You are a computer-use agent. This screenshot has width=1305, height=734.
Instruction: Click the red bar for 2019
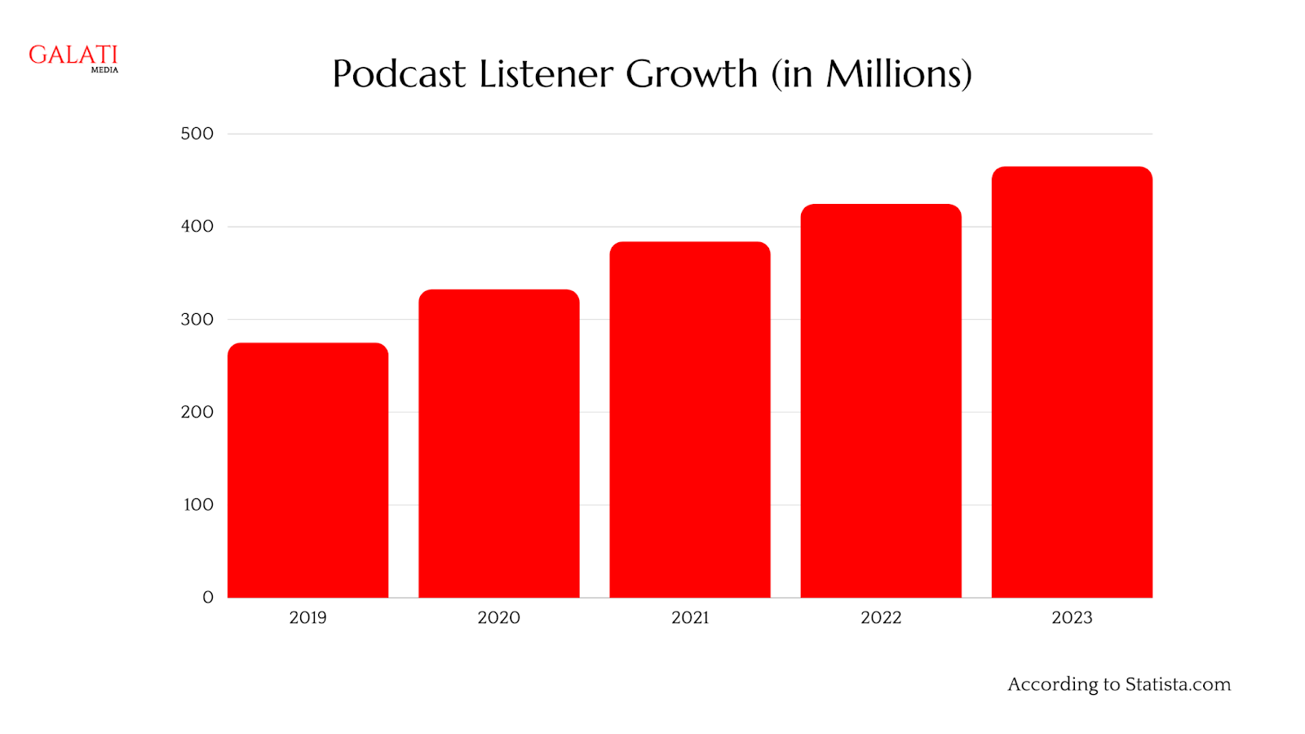point(307,471)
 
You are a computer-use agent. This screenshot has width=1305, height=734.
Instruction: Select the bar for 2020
point(498,444)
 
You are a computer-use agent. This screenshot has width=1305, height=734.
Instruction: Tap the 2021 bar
point(689,420)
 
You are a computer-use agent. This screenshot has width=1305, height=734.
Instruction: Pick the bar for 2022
point(881,401)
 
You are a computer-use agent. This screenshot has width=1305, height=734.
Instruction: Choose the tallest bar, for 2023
point(1072,382)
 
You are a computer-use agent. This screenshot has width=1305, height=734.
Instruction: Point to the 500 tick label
point(197,134)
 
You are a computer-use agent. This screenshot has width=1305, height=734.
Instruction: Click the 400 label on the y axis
point(197,227)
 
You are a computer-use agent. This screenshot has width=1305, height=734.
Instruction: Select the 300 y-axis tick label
point(197,320)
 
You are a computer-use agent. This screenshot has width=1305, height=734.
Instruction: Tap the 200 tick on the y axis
point(197,412)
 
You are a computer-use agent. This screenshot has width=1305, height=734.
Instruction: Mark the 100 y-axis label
point(198,505)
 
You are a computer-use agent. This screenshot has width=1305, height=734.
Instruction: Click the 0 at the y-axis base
point(208,598)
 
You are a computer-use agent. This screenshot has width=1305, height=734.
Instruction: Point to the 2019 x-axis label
point(307,618)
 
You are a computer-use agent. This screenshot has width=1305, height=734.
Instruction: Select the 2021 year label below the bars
point(690,618)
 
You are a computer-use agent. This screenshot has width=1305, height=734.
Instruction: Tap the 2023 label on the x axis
point(1072,618)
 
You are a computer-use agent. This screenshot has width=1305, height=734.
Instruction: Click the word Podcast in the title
point(399,74)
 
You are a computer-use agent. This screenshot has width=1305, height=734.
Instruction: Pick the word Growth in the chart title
point(692,74)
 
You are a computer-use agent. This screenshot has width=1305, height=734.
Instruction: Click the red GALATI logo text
point(73,55)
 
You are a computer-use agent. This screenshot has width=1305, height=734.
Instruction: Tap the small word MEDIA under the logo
point(104,70)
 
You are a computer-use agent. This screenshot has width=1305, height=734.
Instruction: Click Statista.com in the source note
point(1178,684)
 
